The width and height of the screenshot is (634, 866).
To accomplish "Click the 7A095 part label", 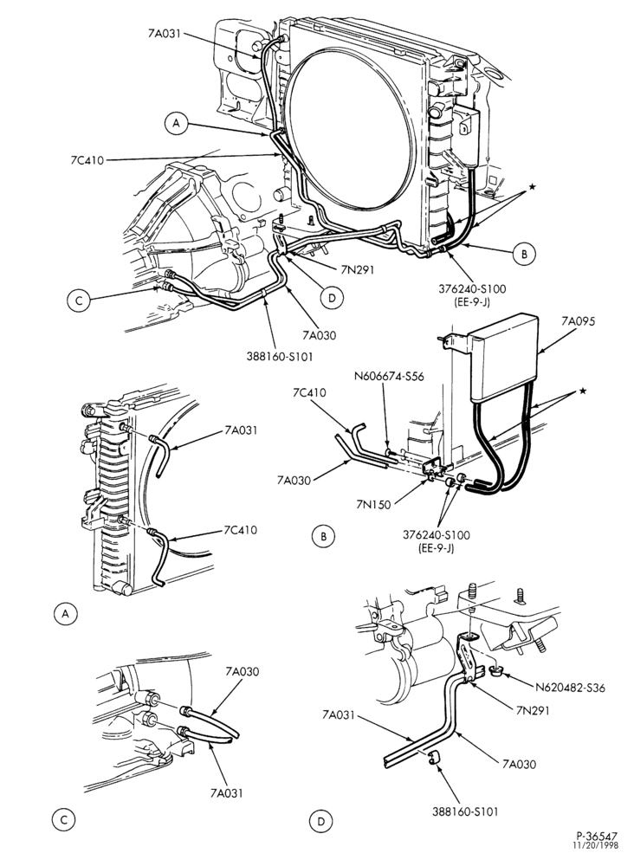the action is (579, 321).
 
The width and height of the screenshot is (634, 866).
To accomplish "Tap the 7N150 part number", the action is (375, 504).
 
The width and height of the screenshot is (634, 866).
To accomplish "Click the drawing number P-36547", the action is (598, 836).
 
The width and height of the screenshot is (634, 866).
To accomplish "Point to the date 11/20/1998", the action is (595, 845).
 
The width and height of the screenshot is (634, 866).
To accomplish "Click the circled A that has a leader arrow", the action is (176, 123).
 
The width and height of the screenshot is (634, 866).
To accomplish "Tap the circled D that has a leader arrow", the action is (332, 298).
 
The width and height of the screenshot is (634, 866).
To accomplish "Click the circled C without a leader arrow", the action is (63, 820).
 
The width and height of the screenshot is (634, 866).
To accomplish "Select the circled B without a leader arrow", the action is (324, 536).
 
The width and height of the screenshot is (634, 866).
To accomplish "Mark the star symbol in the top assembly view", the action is (532, 187).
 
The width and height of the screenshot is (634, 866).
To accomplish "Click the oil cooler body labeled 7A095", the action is (505, 356).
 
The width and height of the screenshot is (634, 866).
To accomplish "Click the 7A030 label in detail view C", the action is (242, 672).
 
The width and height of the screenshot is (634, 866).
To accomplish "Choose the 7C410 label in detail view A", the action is (240, 530).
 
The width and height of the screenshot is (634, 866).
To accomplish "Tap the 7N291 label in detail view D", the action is (533, 710).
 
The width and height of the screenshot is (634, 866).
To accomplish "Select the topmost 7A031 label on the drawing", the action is (165, 33).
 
